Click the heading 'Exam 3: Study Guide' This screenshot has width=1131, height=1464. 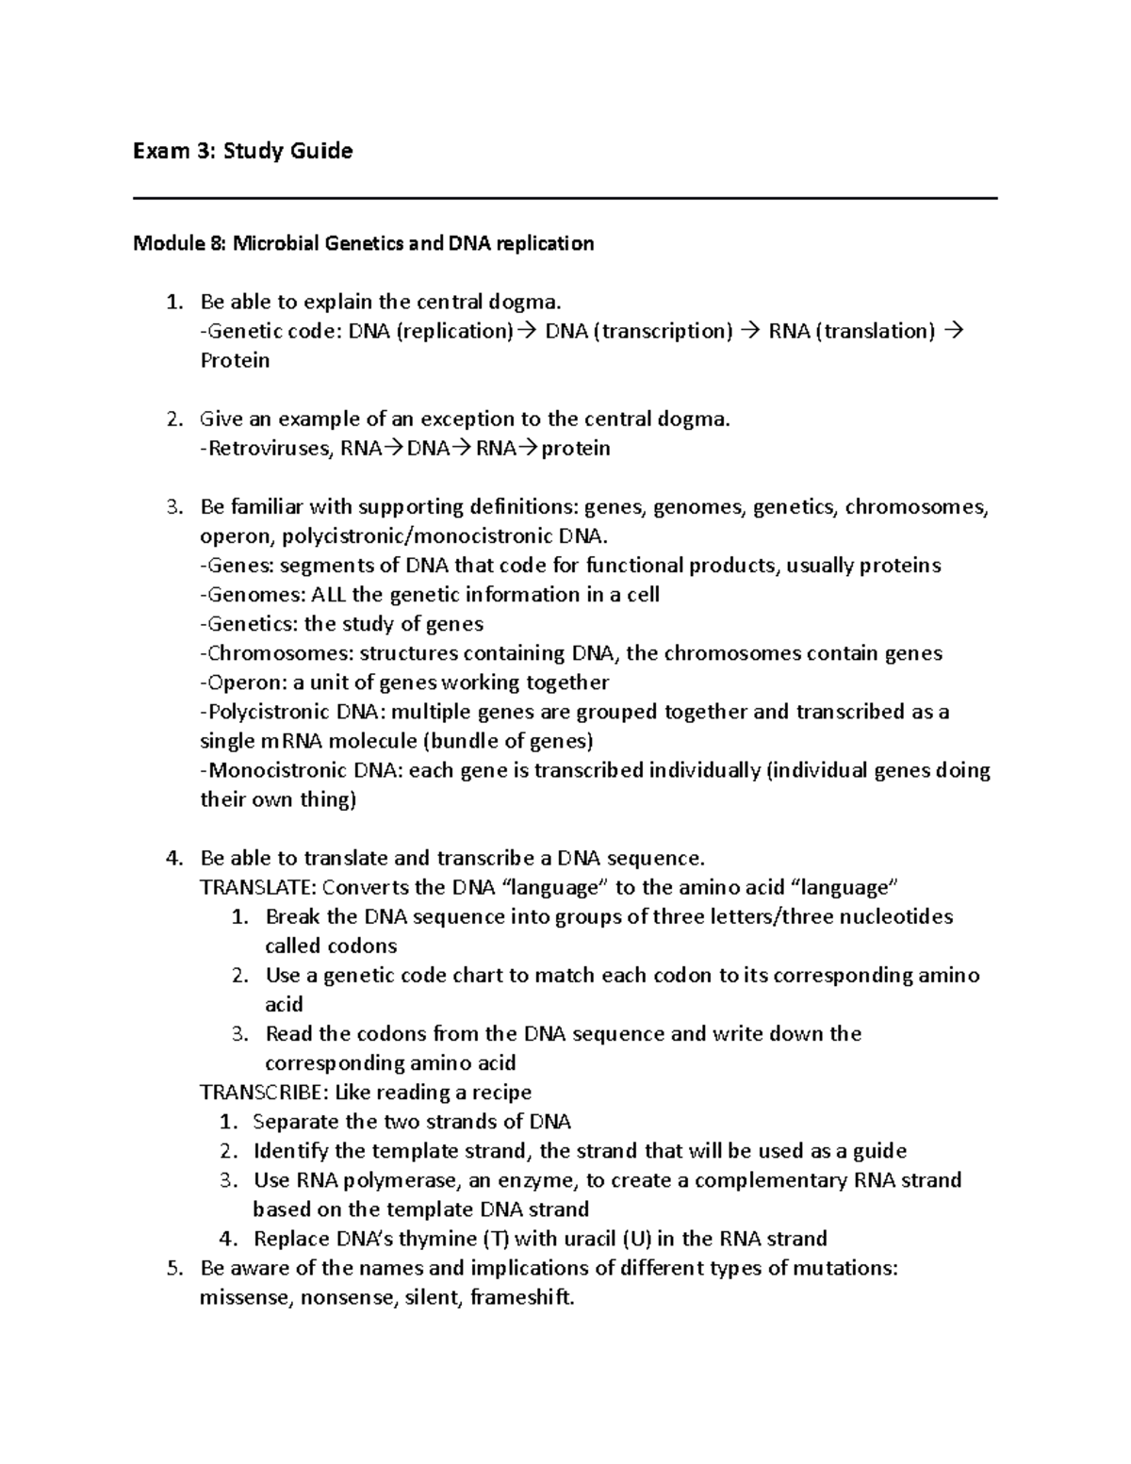[243, 151]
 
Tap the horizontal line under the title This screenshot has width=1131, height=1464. [565, 198]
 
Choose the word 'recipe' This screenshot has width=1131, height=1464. [499, 1093]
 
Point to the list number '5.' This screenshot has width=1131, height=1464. [172, 1268]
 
